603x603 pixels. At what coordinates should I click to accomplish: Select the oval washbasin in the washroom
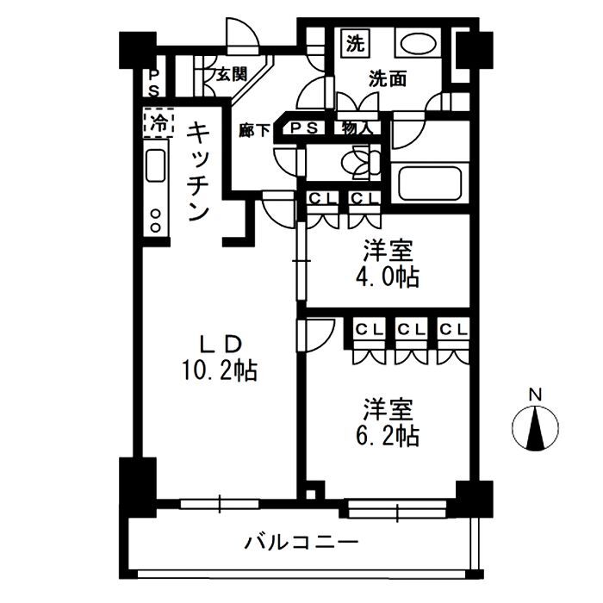point(420,45)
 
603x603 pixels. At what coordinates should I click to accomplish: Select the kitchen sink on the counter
point(156,165)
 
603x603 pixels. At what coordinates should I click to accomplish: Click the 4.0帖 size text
point(387,277)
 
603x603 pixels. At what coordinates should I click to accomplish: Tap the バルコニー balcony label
point(301,544)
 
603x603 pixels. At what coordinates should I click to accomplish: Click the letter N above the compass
point(535,395)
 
